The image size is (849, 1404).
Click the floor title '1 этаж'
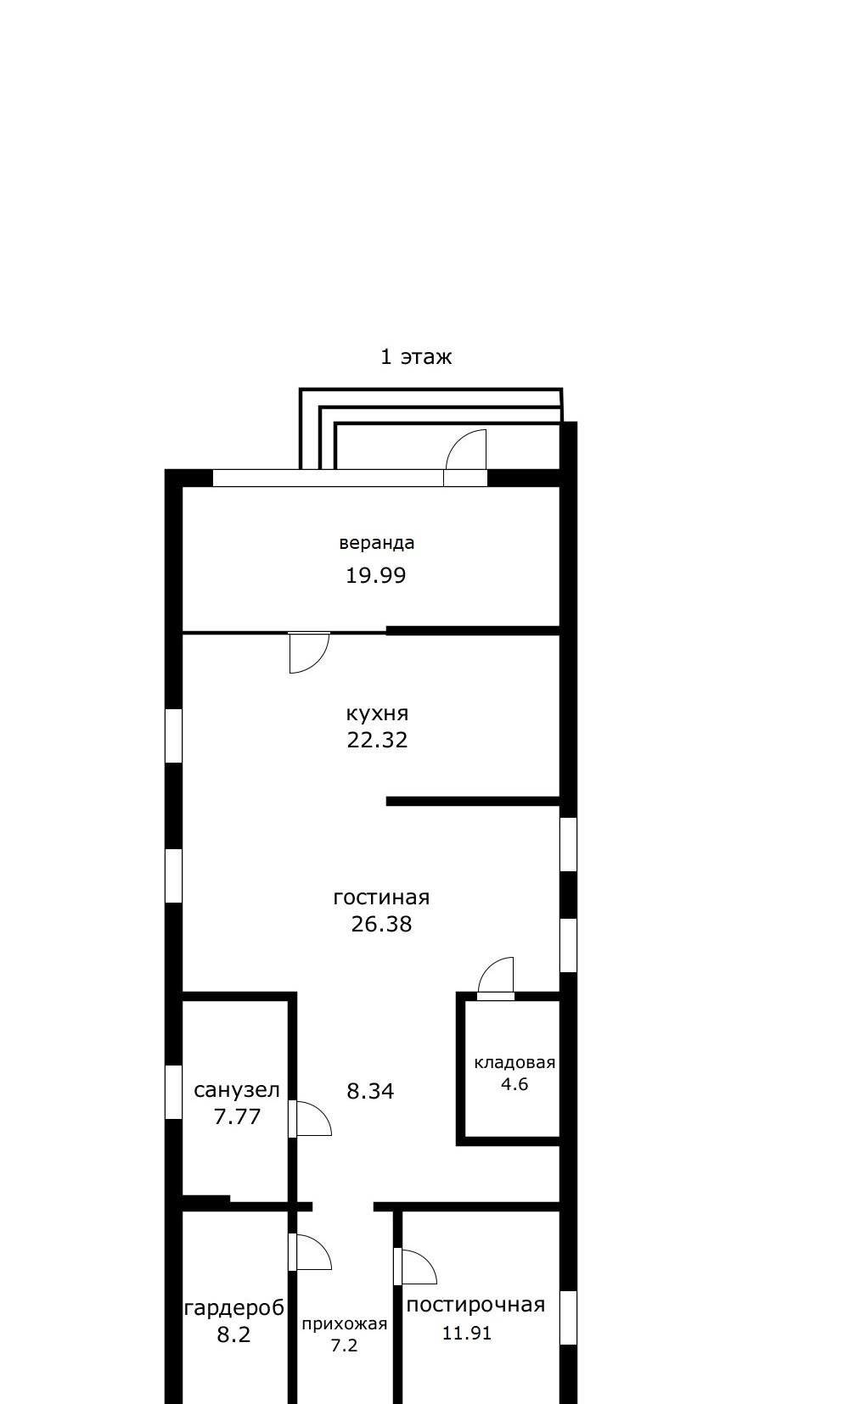[416, 356]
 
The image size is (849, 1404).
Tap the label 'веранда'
[376, 543]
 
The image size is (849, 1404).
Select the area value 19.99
[376, 575]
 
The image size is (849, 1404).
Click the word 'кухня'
[377, 713]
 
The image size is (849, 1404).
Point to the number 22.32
[377, 740]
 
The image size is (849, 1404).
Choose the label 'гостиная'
[381, 898]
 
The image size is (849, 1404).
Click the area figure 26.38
[381, 924]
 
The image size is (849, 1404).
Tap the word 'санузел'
[237, 1090]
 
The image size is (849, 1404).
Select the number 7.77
[237, 1116]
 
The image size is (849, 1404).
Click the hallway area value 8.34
[370, 1091]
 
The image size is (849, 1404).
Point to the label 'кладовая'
[514, 1062]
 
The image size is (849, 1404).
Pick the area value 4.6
[514, 1083]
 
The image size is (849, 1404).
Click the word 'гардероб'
[234, 1308]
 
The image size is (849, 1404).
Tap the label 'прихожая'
[345, 1324]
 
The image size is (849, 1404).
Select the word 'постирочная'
[475, 1305]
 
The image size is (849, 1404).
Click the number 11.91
[467, 1334]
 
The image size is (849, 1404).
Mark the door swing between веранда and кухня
[318, 661]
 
